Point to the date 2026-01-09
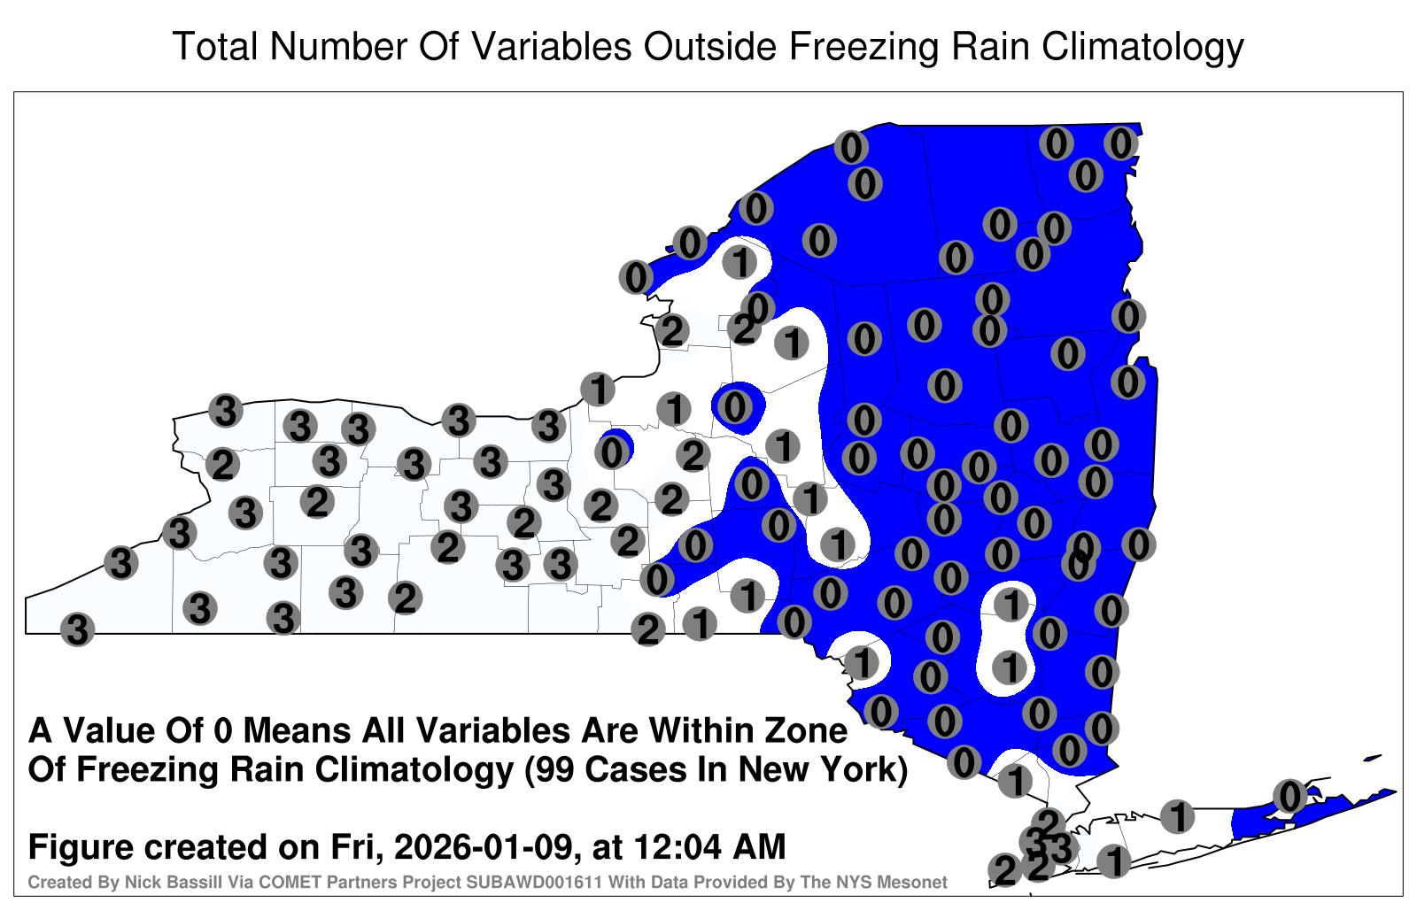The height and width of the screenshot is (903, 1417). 484,846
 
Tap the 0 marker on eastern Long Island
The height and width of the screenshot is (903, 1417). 1289,796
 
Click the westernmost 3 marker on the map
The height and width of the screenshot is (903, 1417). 77,629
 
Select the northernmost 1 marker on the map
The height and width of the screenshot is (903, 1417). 739,262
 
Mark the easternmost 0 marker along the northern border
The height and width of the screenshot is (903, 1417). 1121,143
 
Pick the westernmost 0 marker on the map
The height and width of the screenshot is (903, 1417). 612,452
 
